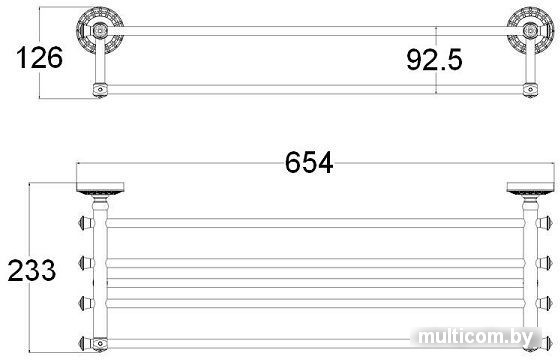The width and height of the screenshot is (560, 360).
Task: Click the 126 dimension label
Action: tap(39, 58)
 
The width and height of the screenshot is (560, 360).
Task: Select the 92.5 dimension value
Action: tap(434, 60)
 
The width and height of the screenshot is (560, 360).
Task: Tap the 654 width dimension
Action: tap(309, 162)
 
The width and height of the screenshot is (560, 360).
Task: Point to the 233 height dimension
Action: tap(32, 270)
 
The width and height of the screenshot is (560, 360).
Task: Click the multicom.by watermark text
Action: tap(475, 336)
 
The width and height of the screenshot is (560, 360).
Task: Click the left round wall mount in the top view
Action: tap(100, 30)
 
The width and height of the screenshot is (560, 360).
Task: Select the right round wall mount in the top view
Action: tap(530, 30)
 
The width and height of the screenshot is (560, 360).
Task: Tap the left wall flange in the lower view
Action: tap(100, 189)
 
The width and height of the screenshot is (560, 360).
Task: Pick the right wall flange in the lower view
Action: tap(530, 189)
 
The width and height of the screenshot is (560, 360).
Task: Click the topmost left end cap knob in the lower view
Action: tap(86, 223)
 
